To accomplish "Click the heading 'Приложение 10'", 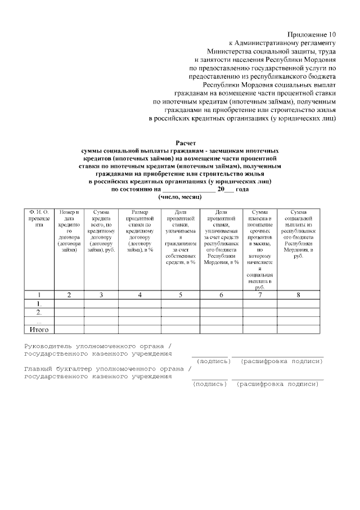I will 311,35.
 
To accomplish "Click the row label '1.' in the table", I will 39,303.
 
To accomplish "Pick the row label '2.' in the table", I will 39,312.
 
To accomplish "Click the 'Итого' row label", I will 39,329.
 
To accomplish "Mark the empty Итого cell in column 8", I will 298,329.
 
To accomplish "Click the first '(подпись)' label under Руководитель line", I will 213,361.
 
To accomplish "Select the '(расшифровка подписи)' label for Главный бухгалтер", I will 277,384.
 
